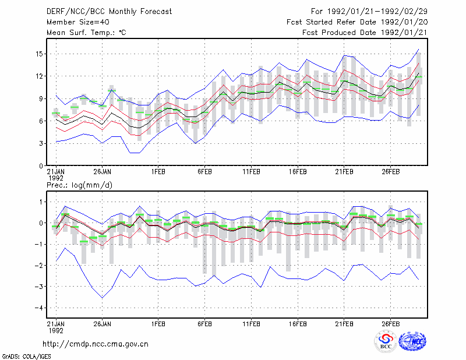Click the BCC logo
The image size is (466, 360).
coord(386,341)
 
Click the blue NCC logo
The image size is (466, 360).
coord(412,341)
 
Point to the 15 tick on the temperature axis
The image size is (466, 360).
coord(39,54)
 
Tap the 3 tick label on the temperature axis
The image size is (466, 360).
coord(41,143)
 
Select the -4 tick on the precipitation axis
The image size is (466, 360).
coord(39,308)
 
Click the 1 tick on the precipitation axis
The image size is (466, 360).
coord(41,202)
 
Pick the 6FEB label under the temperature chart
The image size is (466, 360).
coord(204,172)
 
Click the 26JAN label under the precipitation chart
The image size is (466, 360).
coord(103,324)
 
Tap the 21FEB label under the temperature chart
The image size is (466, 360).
coord(344,172)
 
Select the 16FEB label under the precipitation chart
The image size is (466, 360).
coord(298,324)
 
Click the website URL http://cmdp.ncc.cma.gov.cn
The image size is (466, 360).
coord(96,344)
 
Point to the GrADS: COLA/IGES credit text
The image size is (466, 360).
coord(26,357)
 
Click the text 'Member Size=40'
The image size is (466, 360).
coord(78,22)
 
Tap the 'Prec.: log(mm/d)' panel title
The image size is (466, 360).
coord(79,185)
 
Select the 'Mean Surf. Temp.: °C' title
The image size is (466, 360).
coord(86,33)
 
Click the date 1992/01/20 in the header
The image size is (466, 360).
coord(404,22)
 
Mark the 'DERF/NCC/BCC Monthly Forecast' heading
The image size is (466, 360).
coord(109,12)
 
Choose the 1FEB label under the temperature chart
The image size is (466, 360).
coord(158,172)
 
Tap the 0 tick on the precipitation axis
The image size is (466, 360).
coord(41,223)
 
